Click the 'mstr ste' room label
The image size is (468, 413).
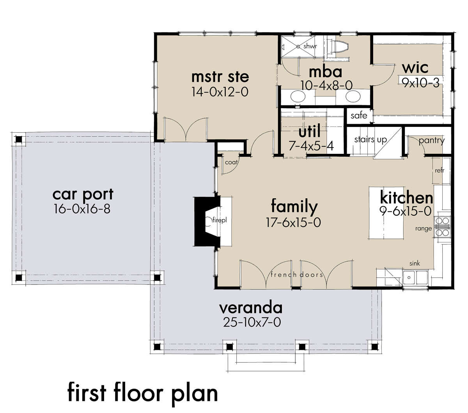pyautogui.click(x=220, y=77)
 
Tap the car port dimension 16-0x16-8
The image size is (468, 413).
pyautogui.click(x=82, y=209)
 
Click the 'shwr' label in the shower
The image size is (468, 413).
pyautogui.click(x=310, y=46)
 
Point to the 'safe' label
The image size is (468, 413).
pyautogui.click(x=359, y=115)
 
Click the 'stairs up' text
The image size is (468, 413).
pyautogui.click(x=370, y=139)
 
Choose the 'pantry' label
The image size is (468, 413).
pyautogui.click(x=431, y=141)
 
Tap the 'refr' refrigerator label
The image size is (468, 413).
pyautogui.click(x=440, y=171)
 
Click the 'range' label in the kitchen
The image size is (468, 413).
pyautogui.click(x=424, y=228)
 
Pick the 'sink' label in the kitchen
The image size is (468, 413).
pyautogui.click(x=415, y=263)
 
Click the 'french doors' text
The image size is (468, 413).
pyautogui.click(x=297, y=274)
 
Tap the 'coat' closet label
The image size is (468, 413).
pyautogui.click(x=231, y=162)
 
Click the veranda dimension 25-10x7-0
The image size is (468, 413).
pyautogui.click(x=252, y=322)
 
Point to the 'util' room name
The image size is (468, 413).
pyautogui.click(x=309, y=131)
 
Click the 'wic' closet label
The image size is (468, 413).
pyautogui.click(x=415, y=68)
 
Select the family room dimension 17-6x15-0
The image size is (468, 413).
pyautogui.click(x=293, y=222)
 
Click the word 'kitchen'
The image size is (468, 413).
pyautogui.click(x=406, y=198)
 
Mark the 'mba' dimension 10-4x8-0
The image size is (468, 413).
pyautogui.click(x=326, y=85)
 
